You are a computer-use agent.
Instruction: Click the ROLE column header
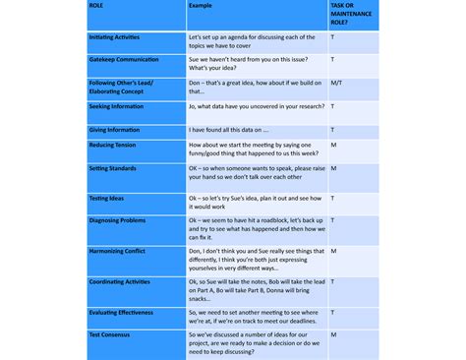click(95, 5)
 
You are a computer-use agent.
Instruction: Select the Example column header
click(200, 5)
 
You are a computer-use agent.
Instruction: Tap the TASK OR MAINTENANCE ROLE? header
click(346, 12)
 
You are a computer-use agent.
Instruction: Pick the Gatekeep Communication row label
click(124, 59)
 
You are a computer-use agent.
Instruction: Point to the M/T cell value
click(336, 83)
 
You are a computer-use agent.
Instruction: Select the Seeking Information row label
click(116, 106)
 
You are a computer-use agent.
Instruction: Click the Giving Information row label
click(113, 129)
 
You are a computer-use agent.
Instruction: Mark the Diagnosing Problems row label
click(117, 220)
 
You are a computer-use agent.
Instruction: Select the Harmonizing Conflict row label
click(117, 251)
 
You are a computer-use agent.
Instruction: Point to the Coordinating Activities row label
click(122, 281)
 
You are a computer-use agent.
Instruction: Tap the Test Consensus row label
click(110, 334)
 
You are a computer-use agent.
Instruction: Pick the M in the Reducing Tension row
click(333, 145)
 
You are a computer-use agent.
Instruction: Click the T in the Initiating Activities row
click(332, 36)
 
